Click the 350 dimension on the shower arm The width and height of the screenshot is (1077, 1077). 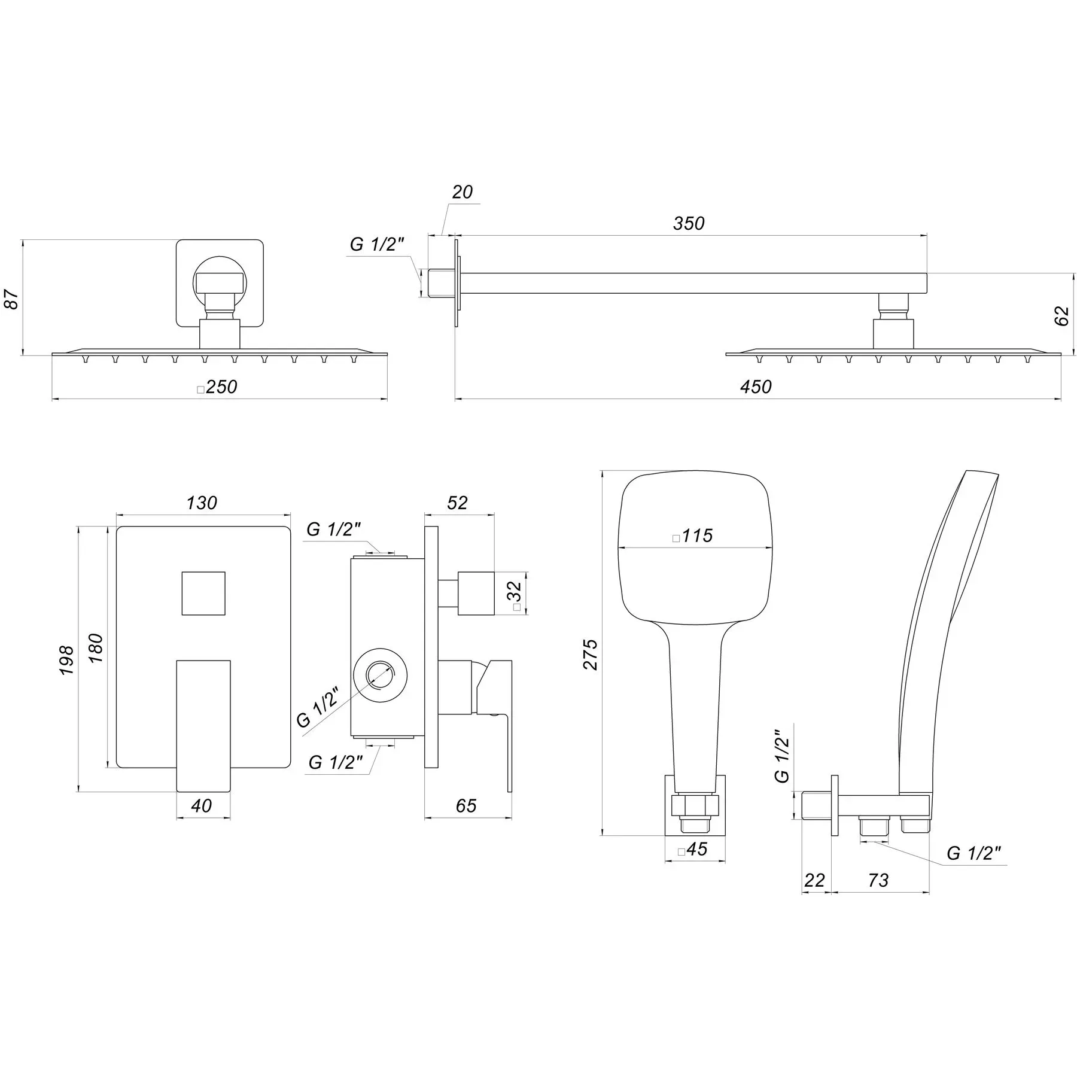[x=689, y=223]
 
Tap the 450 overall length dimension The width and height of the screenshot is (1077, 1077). [x=756, y=387]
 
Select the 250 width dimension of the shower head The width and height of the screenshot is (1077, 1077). [x=221, y=387]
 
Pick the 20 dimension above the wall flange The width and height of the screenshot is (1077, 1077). [x=462, y=192]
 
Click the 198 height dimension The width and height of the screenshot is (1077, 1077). [x=66, y=659]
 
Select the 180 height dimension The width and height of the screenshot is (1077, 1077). [x=96, y=647]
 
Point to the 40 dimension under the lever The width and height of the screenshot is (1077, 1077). [x=202, y=806]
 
